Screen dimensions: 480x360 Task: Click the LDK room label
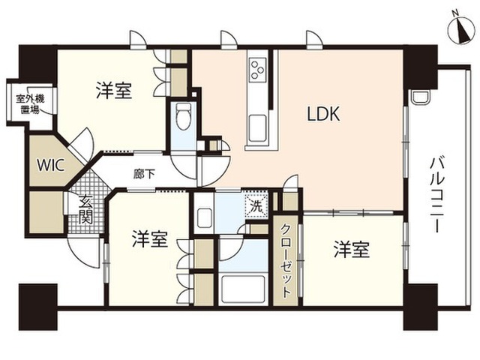pos(324,114)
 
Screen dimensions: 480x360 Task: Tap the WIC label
pos(50,166)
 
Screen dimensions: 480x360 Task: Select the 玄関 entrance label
pos(85,210)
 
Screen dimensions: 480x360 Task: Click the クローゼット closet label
pos(286,261)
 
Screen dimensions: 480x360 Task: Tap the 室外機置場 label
pos(30,104)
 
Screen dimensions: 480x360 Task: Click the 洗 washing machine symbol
pos(256,206)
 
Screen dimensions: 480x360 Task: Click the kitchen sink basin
pos(257,127)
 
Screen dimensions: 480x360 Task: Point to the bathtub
pos(243,289)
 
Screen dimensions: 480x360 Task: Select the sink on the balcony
pos(420,97)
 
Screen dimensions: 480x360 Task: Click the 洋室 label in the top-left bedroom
pos(114,90)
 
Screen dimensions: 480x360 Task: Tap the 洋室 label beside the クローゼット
pos(352,250)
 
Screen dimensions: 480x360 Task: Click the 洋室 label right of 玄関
pos(150,239)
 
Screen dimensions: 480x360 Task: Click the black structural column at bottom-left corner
pos(38,307)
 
